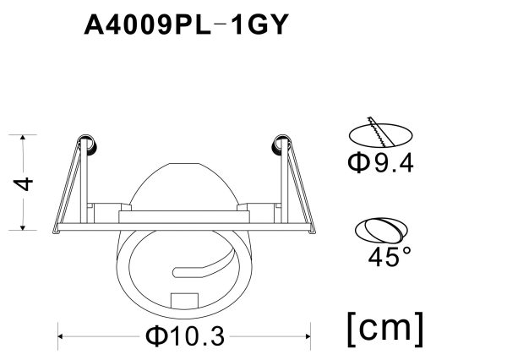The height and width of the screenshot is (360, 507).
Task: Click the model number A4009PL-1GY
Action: coord(187,25)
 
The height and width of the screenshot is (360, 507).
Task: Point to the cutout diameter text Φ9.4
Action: coord(379,163)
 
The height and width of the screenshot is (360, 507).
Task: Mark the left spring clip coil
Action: coord(87,145)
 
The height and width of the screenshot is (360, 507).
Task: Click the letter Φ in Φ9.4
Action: coord(357,163)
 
